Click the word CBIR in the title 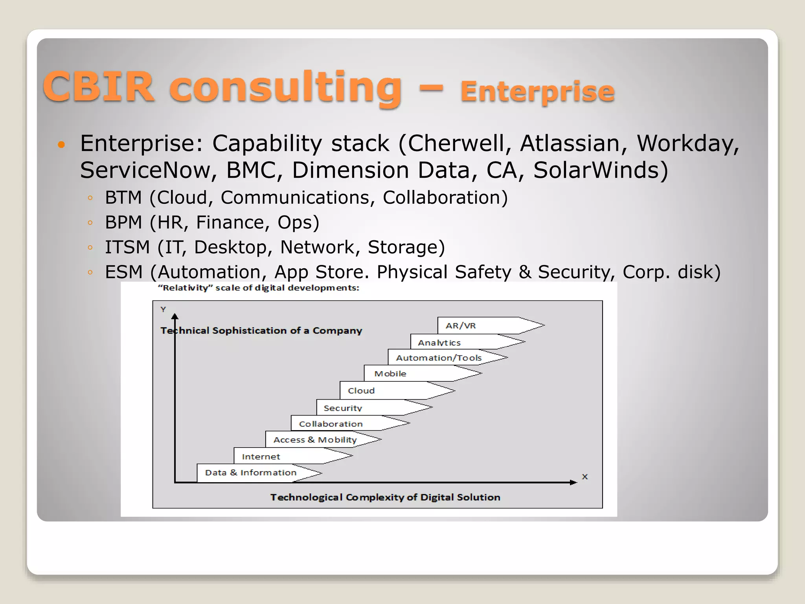[98, 87]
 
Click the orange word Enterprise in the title [537, 92]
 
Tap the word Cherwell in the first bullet [456, 143]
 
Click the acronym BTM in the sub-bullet [123, 197]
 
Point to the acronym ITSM [127, 247]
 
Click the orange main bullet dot [61, 145]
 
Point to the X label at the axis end [584, 477]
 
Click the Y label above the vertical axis [163, 309]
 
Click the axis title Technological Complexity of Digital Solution [385, 497]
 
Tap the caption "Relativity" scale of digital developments [259, 288]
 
